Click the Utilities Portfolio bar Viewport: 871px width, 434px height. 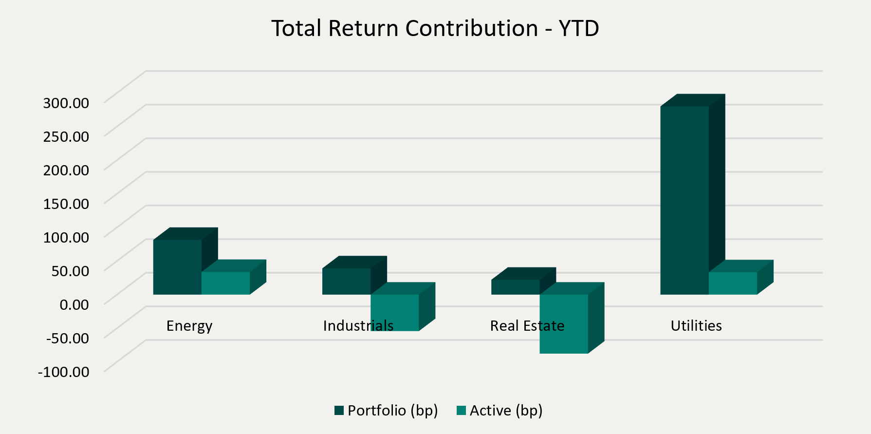[x=684, y=200]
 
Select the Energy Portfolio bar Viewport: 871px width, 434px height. [x=177, y=267]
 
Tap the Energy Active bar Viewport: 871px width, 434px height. [x=225, y=283]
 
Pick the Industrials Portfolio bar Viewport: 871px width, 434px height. [x=346, y=281]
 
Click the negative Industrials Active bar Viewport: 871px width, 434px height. [x=395, y=312]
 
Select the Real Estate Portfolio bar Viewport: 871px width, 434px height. [x=515, y=287]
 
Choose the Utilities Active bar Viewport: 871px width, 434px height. [x=733, y=283]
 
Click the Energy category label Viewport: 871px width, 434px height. [x=189, y=326]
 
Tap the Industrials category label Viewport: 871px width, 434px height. [x=358, y=326]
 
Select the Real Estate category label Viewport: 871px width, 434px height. [x=527, y=326]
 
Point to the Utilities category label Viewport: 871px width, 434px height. [x=696, y=326]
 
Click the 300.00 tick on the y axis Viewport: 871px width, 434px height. [x=66, y=103]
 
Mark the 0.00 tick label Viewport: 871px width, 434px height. [x=74, y=304]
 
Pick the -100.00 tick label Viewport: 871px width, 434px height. [x=64, y=372]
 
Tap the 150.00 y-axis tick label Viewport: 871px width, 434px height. [x=66, y=204]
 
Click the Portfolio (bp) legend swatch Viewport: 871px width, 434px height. [x=339, y=411]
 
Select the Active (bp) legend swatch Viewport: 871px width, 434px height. [x=462, y=411]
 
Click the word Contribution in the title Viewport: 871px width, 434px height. [x=471, y=28]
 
